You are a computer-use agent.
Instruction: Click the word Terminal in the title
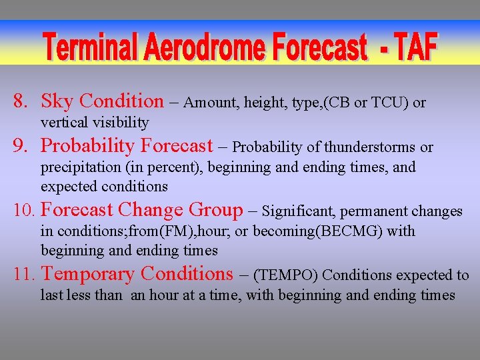[91, 48]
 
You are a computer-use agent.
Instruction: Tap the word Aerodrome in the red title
[201, 48]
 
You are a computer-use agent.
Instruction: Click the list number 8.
[21, 102]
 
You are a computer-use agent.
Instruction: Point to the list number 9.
[21, 146]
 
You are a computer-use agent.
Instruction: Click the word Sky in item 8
[57, 102]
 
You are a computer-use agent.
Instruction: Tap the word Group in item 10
[216, 211]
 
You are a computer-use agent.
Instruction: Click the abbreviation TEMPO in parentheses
[287, 275]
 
